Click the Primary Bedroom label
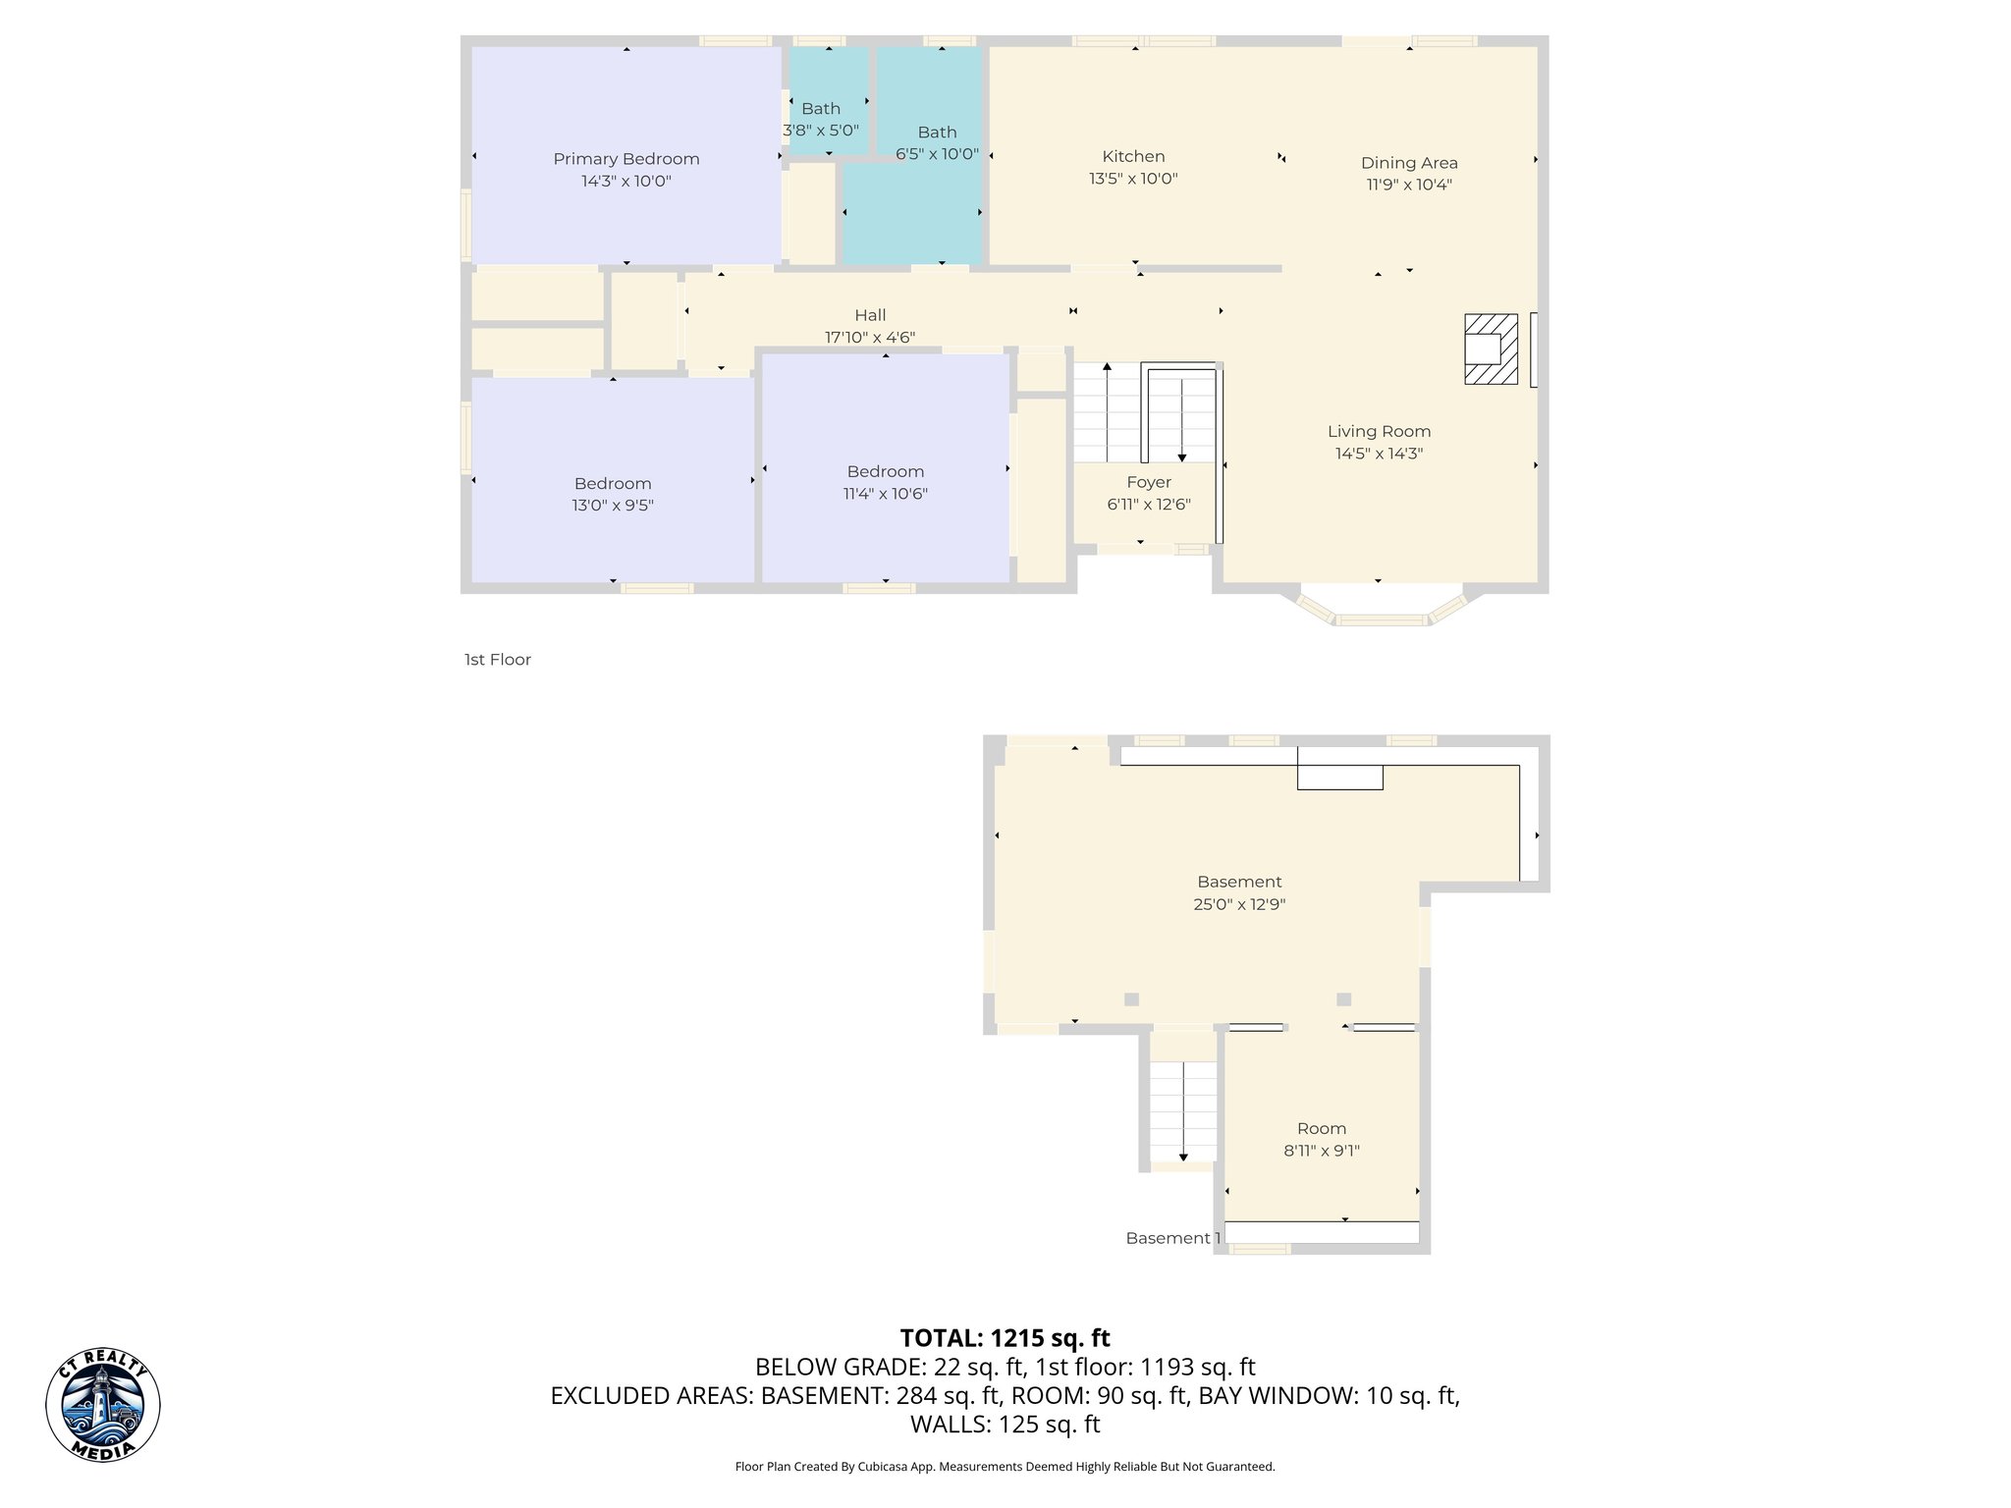pos(625,159)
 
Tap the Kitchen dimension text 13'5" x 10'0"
pos(1133,179)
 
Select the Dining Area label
pos(1408,163)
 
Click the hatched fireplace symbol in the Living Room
pos(1490,349)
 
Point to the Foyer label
pos(1148,482)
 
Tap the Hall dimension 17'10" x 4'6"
pos(869,338)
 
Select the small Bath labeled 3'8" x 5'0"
pos(821,109)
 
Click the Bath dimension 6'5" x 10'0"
pos(937,154)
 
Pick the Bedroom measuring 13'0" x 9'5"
pos(613,484)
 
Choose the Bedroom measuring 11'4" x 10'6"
pos(885,472)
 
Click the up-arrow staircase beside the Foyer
pos(1107,412)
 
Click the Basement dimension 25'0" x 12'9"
pos(1239,905)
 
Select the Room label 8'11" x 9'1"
pos(1321,1129)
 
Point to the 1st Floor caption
pos(497,660)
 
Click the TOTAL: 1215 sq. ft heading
pos(1005,1338)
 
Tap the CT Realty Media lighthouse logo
pos(103,1404)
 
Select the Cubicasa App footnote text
pos(1005,1467)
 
